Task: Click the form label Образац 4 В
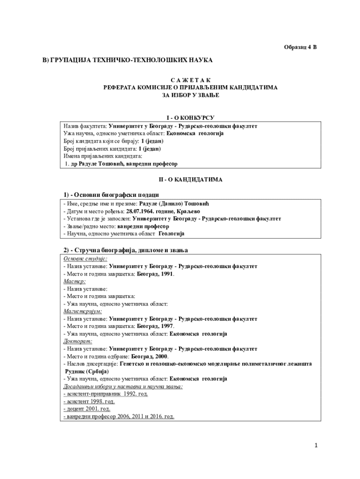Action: pyautogui.click(x=301, y=47)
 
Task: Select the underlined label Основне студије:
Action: pyautogui.click(x=85, y=259)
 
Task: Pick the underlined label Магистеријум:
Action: pyautogui.click(x=83, y=311)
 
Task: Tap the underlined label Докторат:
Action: pyautogui.click(x=78, y=341)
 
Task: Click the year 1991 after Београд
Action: pyautogui.click(x=167, y=274)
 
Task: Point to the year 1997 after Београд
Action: pyautogui.click(x=167, y=326)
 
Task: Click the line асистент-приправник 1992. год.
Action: pyautogui.click(x=106, y=394)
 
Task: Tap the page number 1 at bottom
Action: pyautogui.click(x=316, y=445)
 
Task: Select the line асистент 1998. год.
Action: pyautogui.click(x=89, y=401)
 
